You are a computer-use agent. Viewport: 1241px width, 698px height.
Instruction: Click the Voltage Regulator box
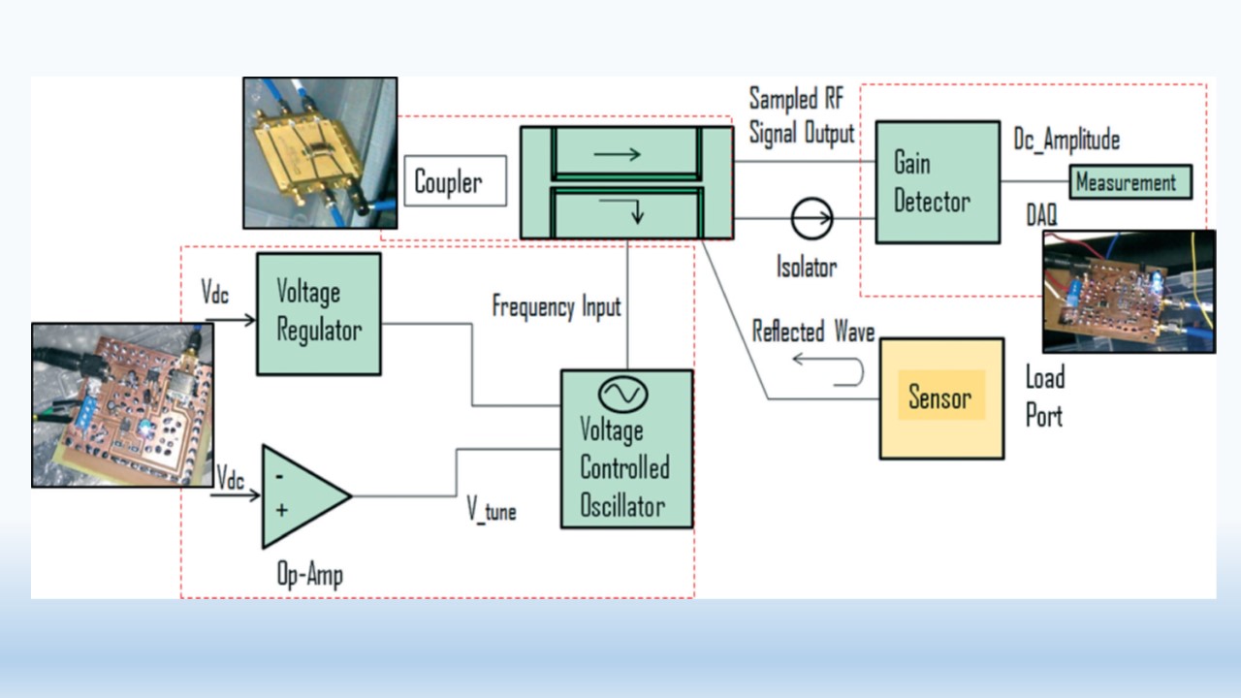tap(318, 314)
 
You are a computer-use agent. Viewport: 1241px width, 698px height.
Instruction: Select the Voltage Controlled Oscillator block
tap(626, 449)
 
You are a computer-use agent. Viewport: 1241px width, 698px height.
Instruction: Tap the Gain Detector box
tap(937, 182)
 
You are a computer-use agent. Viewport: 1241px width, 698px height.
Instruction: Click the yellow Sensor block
tap(940, 397)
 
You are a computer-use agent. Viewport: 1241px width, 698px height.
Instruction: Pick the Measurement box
tap(1130, 181)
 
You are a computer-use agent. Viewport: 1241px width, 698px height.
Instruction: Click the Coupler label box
tap(455, 180)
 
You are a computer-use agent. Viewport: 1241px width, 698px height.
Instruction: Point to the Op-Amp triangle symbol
tap(301, 495)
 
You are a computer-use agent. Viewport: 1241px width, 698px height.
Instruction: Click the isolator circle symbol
tap(811, 219)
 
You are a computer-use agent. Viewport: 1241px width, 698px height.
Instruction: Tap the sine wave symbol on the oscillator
tap(621, 393)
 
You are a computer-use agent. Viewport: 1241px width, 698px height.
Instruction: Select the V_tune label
tap(492, 511)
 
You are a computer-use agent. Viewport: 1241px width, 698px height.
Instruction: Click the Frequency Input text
tap(557, 307)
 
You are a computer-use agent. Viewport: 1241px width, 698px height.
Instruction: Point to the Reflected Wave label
tap(813, 333)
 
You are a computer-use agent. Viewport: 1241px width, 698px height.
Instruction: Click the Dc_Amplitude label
tap(1066, 140)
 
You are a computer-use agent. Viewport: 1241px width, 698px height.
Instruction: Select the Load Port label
tap(1045, 397)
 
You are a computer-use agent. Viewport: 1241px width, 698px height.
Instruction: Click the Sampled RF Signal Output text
tap(801, 115)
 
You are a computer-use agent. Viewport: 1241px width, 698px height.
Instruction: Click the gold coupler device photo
tap(320, 152)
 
